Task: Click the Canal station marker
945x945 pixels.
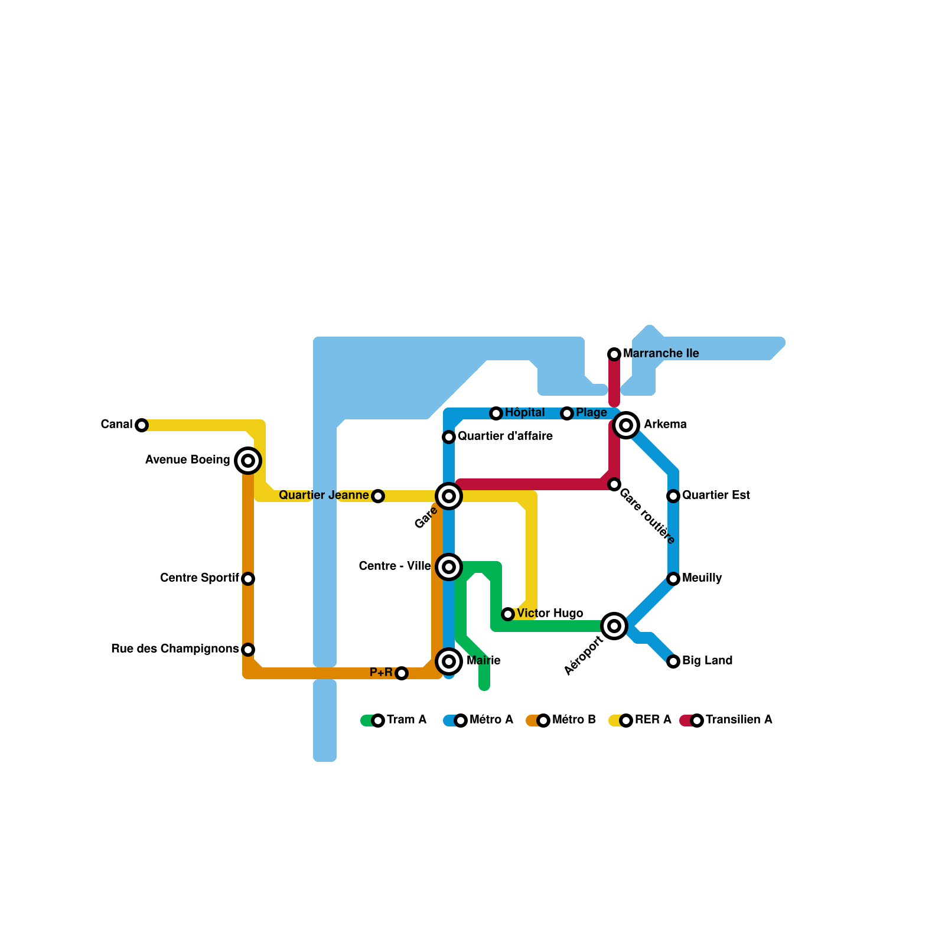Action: pos(142,425)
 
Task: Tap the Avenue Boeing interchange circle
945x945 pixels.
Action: pos(248,461)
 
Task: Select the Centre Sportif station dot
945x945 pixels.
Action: pos(248,579)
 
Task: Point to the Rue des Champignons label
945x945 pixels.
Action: pos(175,649)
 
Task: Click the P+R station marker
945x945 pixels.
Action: pos(402,673)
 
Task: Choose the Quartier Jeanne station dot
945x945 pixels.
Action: pos(378,496)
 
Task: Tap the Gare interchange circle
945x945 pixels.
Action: pos(449,496)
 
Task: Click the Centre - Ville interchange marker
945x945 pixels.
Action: pos(449,567)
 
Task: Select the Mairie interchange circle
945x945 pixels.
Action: pos(449,661)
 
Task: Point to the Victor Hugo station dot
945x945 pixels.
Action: pos(508,614)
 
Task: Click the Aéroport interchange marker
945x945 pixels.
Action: pos(614,626)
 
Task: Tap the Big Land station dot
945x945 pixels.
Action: pos(673,661)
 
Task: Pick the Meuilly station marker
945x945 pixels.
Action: pos(673,579)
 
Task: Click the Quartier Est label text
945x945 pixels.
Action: pos(716,496)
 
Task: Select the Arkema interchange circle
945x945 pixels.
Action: pos(626,425)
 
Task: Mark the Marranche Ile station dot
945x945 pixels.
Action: pos(614,354)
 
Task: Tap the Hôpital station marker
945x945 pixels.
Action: pos(496,413)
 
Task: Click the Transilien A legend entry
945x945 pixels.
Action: pos(726,720)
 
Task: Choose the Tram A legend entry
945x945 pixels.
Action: pos(394,720)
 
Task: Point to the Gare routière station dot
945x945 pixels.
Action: pos(614,484)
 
